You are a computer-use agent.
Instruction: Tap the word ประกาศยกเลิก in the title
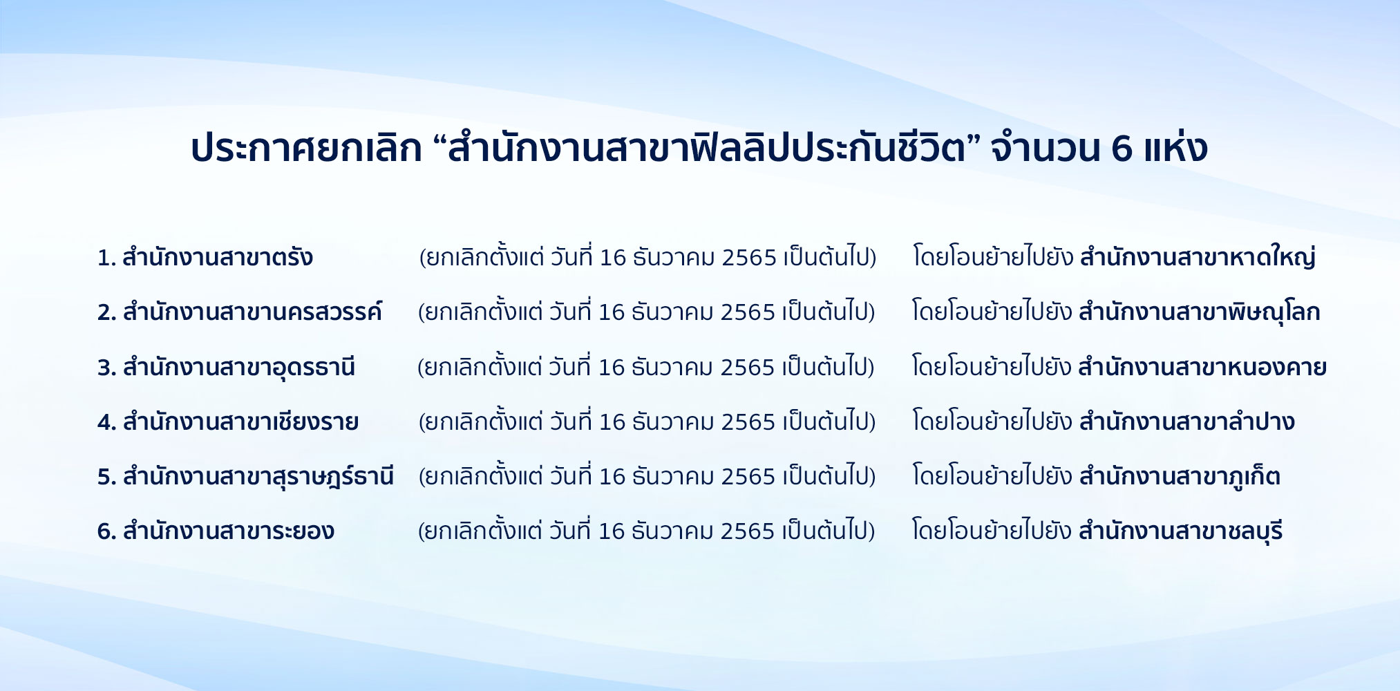tap(306, 147)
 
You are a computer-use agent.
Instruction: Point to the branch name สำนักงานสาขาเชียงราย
tap(240, 420)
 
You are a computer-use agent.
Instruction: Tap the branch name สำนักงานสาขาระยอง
tap(229, 530)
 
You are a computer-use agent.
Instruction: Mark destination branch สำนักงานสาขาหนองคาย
tap(1202, 366)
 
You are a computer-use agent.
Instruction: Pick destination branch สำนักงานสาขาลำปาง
tap(1186, 420)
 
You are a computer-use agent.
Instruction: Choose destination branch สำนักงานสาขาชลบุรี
tap(1180, 531)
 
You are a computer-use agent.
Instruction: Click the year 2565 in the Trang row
tap(749, 257)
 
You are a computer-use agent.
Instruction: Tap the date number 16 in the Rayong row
tap(612, 531)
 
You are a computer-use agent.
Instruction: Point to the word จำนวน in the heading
tap(1045, 148)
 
